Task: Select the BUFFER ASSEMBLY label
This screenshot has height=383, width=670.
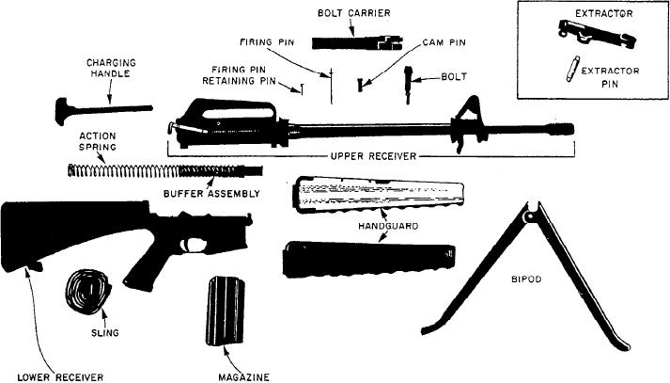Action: (211, 193)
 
